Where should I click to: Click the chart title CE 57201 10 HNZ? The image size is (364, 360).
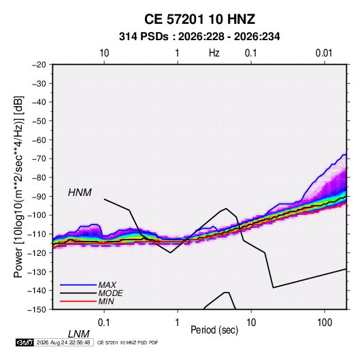[x=199, y=19]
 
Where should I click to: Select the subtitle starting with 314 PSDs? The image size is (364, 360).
[x=199, y=37]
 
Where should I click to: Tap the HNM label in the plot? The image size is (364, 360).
[x=80, y=193]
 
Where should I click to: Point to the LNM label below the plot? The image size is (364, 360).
[x=79, y=334]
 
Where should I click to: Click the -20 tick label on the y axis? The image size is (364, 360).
[x=39, y=65]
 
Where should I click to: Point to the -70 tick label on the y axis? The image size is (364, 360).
[x=39, y=159]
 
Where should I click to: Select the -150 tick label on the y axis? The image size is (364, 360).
[x=37, y=310]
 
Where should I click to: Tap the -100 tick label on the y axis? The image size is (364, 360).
[x=37, y=215]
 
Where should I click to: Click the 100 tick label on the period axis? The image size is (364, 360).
[x=325, y=323]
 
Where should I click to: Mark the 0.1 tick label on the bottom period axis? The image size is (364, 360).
[x=104, y=323]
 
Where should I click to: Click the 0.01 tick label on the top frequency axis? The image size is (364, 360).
[x=324, y=53]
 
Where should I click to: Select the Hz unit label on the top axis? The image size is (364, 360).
[x=214, y=53]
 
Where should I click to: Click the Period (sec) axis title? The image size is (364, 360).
[x=214, y=330]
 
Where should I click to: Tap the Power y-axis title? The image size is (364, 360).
[x=18, y=187]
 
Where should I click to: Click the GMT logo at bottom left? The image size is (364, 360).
[x=24, y=342]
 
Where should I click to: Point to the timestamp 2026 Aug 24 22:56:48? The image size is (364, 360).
[x=63, y=342]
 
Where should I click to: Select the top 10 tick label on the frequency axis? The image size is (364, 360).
[x=104, y=53]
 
